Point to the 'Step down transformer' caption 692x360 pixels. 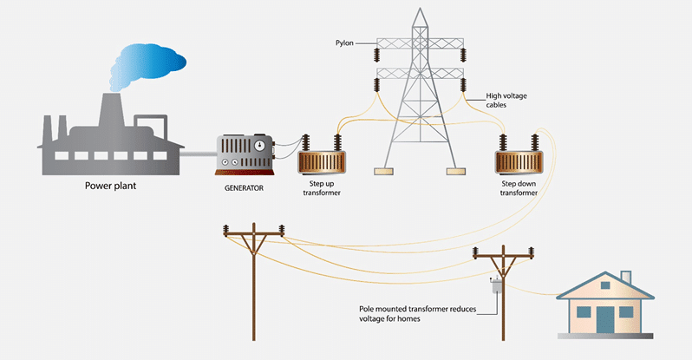point(519,188)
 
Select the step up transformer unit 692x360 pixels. point(323,162)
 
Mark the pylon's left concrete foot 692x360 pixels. point(385,171)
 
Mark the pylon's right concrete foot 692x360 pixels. point(455,171)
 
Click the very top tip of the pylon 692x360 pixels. point(420,9)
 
